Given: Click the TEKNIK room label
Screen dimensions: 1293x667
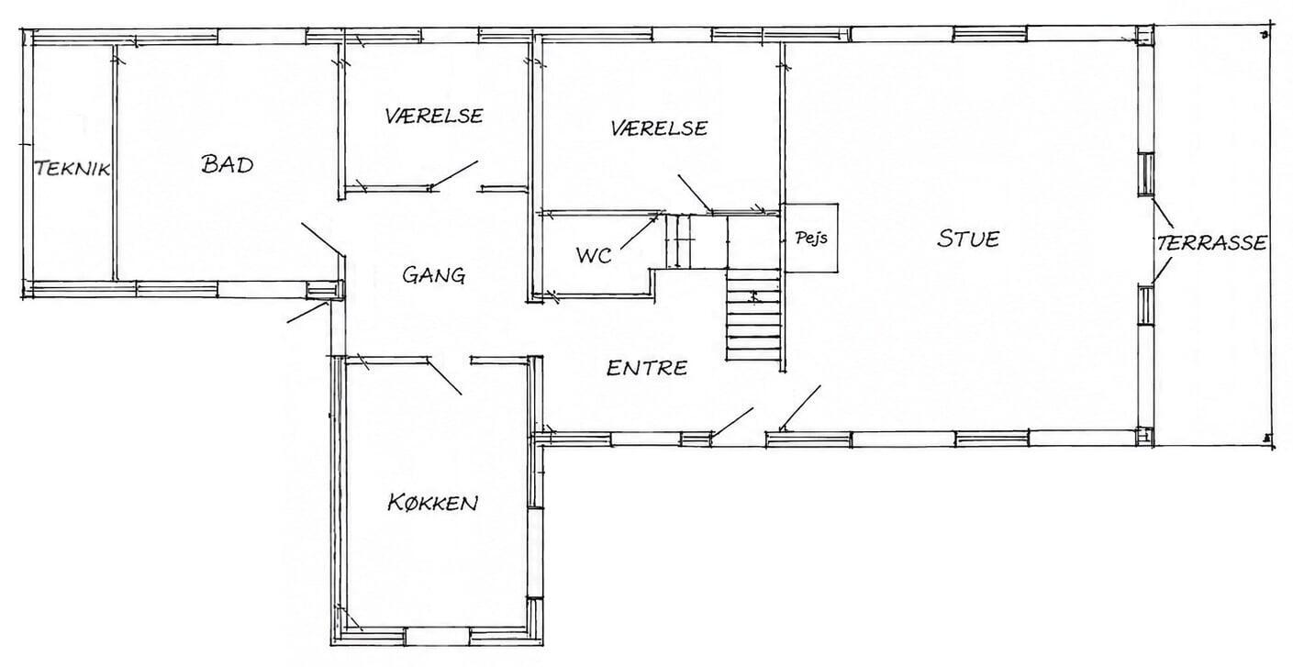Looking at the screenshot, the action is point(72,169).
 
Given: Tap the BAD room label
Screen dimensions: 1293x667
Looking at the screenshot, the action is point(228,164).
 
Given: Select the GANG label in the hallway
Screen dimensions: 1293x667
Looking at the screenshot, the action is point(434,274).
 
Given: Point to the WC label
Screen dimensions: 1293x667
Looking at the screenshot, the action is point(594,255).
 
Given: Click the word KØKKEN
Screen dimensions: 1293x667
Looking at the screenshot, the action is point(433,503).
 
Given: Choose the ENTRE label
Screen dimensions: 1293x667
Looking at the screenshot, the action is point(647,368).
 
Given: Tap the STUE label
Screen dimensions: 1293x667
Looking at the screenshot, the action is point(968,239).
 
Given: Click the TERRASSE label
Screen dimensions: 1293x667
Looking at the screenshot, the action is point(1211,242).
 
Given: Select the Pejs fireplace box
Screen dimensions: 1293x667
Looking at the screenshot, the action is point(809,238).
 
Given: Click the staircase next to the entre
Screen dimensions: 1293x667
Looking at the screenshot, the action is point(753,316).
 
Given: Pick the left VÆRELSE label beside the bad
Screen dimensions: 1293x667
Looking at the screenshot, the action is point(434,116).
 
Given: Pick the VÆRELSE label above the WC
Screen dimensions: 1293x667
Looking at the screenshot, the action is point(659,128).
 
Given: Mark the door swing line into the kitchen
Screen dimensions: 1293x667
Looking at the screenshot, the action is point(444,376).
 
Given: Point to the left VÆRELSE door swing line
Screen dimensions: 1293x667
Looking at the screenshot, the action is point(453,175).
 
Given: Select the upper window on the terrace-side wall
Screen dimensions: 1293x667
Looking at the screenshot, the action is point(1146,174).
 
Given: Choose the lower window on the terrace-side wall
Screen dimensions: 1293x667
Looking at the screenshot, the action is point(1146,304).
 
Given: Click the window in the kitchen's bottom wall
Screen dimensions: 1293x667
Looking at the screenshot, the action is point(437,637).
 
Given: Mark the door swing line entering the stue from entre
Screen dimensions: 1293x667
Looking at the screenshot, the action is point(799,408).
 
